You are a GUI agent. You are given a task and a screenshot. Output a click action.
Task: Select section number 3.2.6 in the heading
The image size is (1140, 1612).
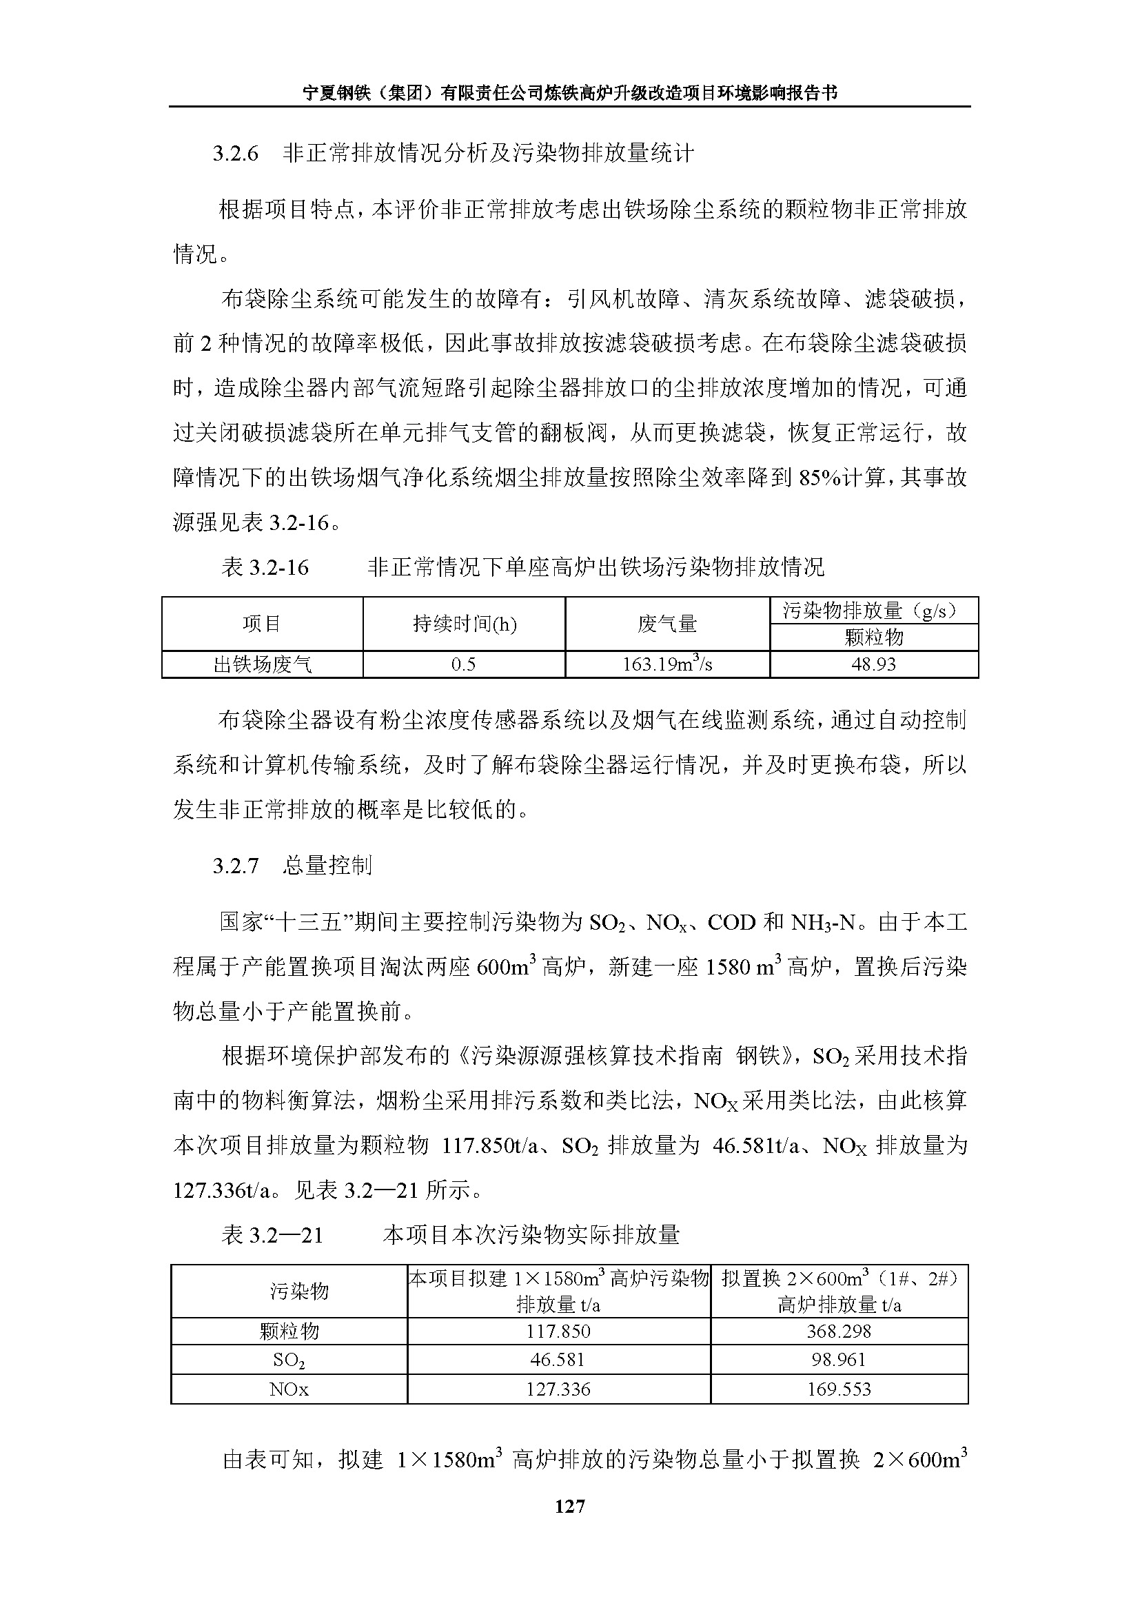(x=236, y=154)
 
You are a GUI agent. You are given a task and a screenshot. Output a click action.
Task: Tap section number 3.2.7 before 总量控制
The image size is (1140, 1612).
(x=236, y=866)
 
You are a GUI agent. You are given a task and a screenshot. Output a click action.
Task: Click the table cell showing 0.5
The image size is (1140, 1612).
(x=463, y=664)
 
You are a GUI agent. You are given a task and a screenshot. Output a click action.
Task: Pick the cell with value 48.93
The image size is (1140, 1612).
(x=873, y=664)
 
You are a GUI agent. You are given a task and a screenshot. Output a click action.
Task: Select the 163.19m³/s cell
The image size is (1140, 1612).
(x=667, y=664)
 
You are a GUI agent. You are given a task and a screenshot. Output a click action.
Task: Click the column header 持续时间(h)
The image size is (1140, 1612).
(x=464, y=624)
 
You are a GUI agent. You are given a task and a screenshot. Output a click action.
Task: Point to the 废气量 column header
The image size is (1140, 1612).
(x=667, y=624)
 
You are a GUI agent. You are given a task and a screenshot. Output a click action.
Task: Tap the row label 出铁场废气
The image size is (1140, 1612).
(x=262, y=664)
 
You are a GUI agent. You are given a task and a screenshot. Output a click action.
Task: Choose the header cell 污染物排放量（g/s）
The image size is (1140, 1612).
(x=873, y=610)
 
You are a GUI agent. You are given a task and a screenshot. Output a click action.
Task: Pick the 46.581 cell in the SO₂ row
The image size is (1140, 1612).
(x=558, y=1360)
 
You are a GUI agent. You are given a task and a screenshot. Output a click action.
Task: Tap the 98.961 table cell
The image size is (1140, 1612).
(x=839, y=1360)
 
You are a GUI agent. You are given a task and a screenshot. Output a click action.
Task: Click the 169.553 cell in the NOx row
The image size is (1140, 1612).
(x=839, y=1389)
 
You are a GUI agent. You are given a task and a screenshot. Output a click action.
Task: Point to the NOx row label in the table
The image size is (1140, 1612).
(x=289, y=1389)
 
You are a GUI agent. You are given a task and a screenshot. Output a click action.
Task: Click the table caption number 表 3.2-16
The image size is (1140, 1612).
(x=265, y=567)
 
